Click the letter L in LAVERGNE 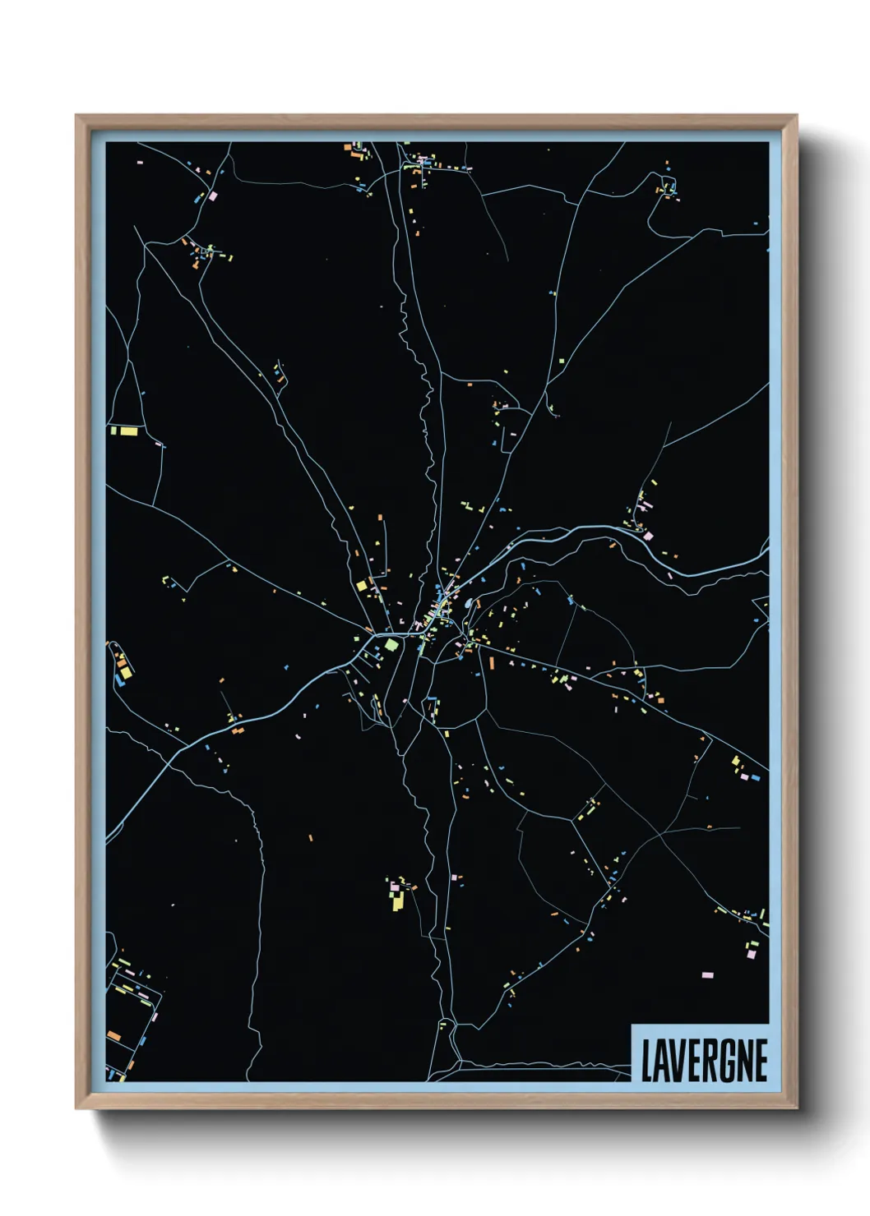pos(646,1061)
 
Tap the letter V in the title pos(677,1061)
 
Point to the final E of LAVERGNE pos(761,1061)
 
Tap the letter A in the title pos(661,1061)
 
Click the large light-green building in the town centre pos(391,645)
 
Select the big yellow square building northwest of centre pos(361,586)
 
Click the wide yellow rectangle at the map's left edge pos(129,430)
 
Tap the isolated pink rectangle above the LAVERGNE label pos(707,974)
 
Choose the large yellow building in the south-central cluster pos(398,902)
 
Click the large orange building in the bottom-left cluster pos(113,1036)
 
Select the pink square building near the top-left pos(213,196)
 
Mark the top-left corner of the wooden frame pos(76,116)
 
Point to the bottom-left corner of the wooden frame pos(76,1108)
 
